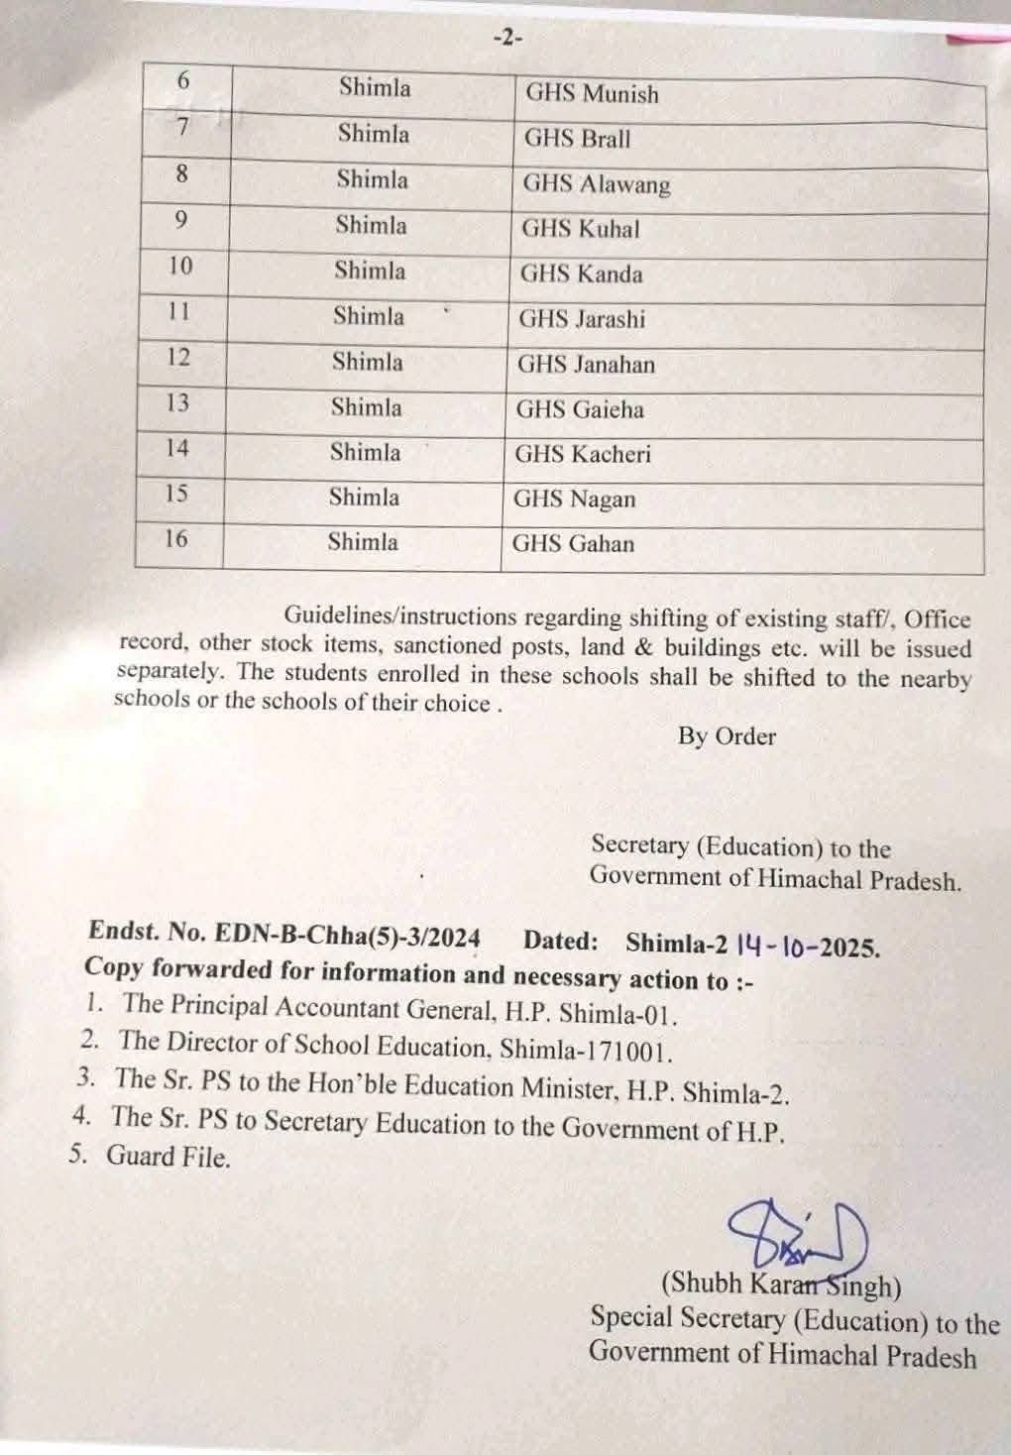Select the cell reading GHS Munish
click(592, 94)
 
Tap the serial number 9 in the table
click(180, 220)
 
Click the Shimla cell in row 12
click(368, 362)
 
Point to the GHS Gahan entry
click(573, 543)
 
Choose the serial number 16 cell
click(175, 538)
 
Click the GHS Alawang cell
click(597, 184)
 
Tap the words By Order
click(727, 736)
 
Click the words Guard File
click(168, 1157)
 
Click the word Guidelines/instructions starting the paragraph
click(400, 616)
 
